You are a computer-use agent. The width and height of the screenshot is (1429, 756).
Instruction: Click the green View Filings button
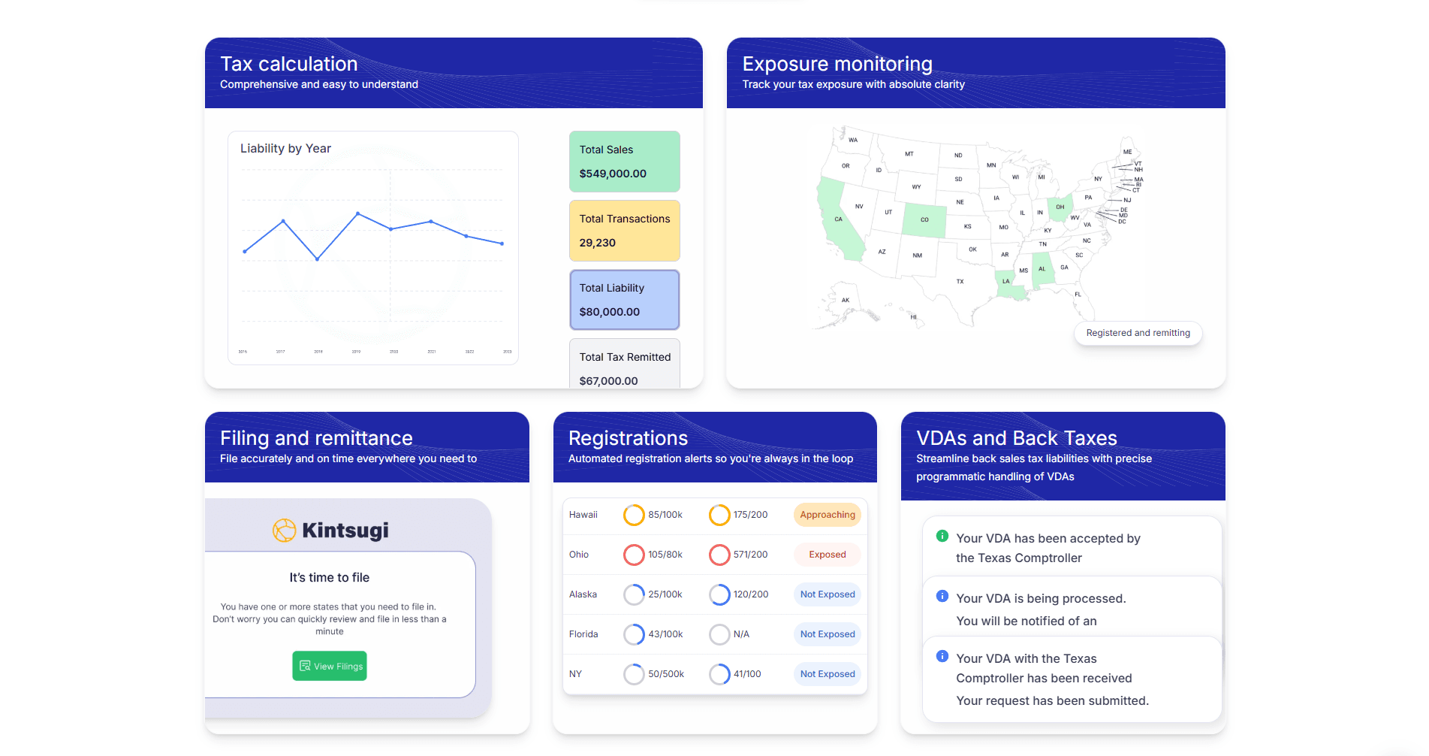point(330,666)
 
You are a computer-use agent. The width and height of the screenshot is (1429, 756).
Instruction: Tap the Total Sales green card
point(624,162)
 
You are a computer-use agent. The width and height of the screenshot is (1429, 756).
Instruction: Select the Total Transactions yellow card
point(624,231)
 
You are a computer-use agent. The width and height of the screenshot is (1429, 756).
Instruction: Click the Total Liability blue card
point(624,300)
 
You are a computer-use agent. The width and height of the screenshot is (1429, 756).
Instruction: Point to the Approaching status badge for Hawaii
point(827,515)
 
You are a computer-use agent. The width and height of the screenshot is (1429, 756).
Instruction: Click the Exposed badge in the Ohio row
point(827,555)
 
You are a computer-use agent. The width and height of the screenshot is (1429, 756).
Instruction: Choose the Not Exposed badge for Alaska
point(827,594)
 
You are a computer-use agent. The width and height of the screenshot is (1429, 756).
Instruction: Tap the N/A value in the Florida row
point(741,634)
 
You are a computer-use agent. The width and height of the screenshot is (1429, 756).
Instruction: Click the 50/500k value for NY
point(665,674)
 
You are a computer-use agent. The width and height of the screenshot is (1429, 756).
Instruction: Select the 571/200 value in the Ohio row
point(750,555)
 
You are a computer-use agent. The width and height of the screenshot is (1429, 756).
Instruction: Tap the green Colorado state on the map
point(924,220)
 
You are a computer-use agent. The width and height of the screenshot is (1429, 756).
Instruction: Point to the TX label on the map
point(960,282)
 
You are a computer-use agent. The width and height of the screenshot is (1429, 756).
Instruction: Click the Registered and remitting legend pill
point(1138,333)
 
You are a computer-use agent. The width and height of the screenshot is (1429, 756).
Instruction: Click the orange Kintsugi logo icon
point(284,531)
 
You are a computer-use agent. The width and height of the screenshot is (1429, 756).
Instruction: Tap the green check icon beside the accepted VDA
point(942,537)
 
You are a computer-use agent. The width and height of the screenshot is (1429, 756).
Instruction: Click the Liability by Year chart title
point(285,149)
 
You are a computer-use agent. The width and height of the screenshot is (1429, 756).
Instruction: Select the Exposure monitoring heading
point(837,64)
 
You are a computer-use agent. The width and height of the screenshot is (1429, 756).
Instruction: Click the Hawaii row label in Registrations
point(583,515)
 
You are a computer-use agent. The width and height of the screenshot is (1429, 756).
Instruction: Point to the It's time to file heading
point(329,578)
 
